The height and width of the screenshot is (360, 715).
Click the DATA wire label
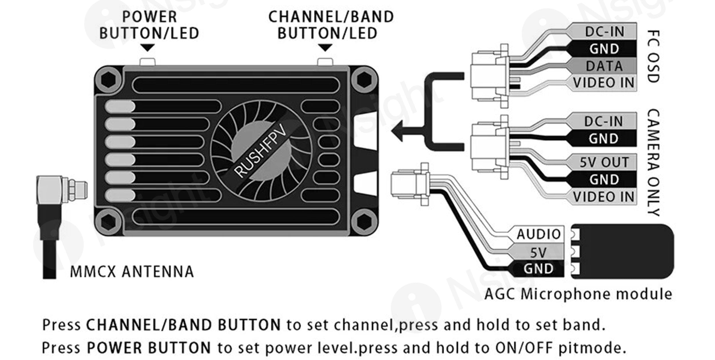(604, 66)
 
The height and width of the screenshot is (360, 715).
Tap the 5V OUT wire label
(604, 162)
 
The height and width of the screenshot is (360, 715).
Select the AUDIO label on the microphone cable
(539, 234)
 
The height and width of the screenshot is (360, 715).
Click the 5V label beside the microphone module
(539, 252)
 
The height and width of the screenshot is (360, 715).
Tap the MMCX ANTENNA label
(132, 272)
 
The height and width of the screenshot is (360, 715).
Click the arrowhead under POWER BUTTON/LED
(148, 48)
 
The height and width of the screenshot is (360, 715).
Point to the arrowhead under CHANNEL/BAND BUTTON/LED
(325, 48)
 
